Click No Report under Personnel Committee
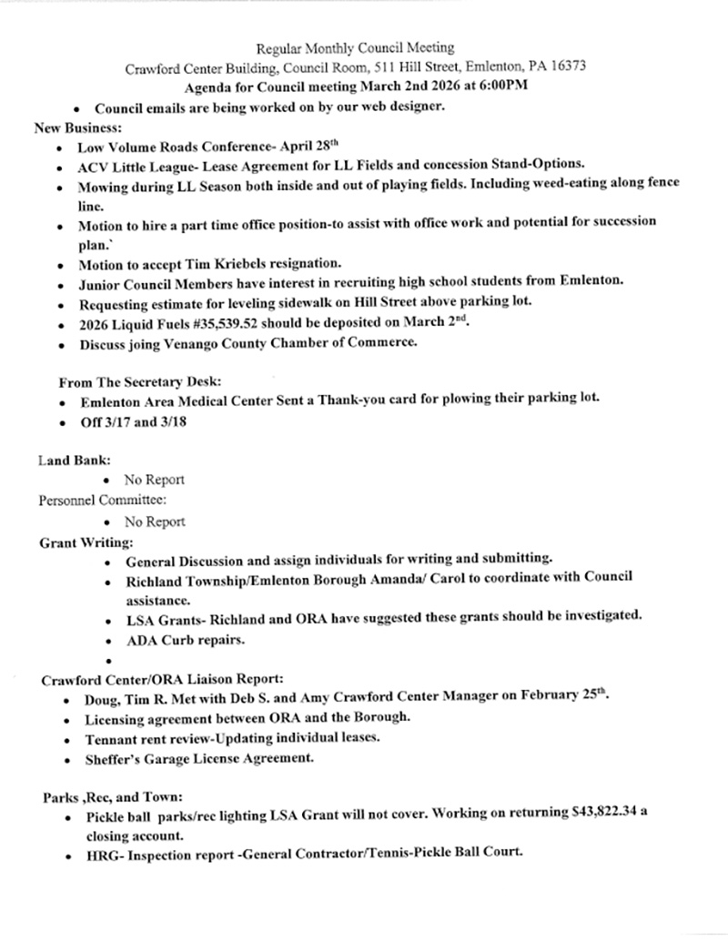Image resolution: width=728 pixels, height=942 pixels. click(155, 522)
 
